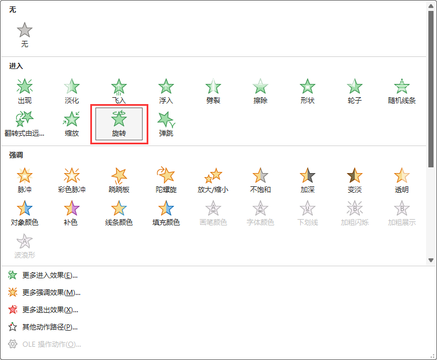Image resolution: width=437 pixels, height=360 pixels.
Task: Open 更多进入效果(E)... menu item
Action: point(49,275)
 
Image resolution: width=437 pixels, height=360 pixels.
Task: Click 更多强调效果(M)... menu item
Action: point(51,293)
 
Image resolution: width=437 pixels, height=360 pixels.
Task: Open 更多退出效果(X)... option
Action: point(49,310)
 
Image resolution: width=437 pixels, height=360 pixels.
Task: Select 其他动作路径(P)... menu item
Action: point(49,327)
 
